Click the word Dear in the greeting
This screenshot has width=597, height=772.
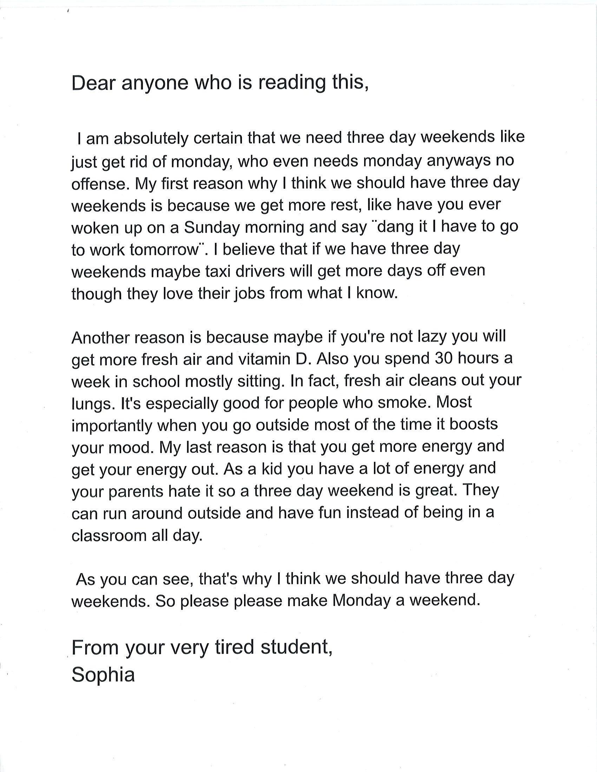93,84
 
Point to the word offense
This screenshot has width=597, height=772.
98,184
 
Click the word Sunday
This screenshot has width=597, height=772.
211,228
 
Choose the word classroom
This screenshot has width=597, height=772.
109,536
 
